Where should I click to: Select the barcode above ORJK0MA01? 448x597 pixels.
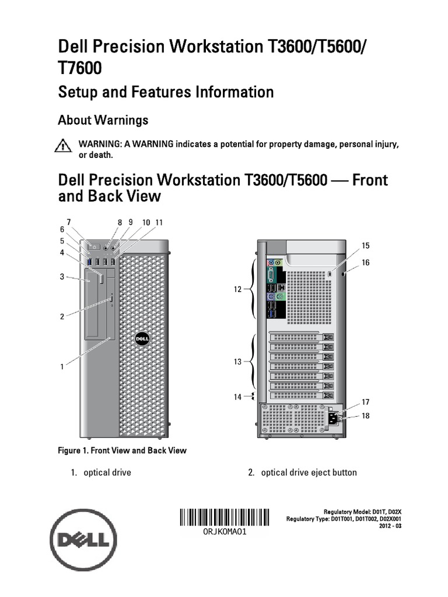225,518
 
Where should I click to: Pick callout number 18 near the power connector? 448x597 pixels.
366,416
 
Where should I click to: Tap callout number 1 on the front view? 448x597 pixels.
61,367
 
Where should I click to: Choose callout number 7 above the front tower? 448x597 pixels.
69,222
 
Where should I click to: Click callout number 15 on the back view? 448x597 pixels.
366,245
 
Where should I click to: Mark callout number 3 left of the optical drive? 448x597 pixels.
61,278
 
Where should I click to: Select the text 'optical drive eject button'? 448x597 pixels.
309,472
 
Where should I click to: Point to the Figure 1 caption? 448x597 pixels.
122,450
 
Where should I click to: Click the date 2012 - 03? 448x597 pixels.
390,526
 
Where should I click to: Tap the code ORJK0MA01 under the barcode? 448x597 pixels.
225,533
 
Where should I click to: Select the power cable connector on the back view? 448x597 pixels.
334,417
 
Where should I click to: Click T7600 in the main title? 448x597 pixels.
79,68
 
